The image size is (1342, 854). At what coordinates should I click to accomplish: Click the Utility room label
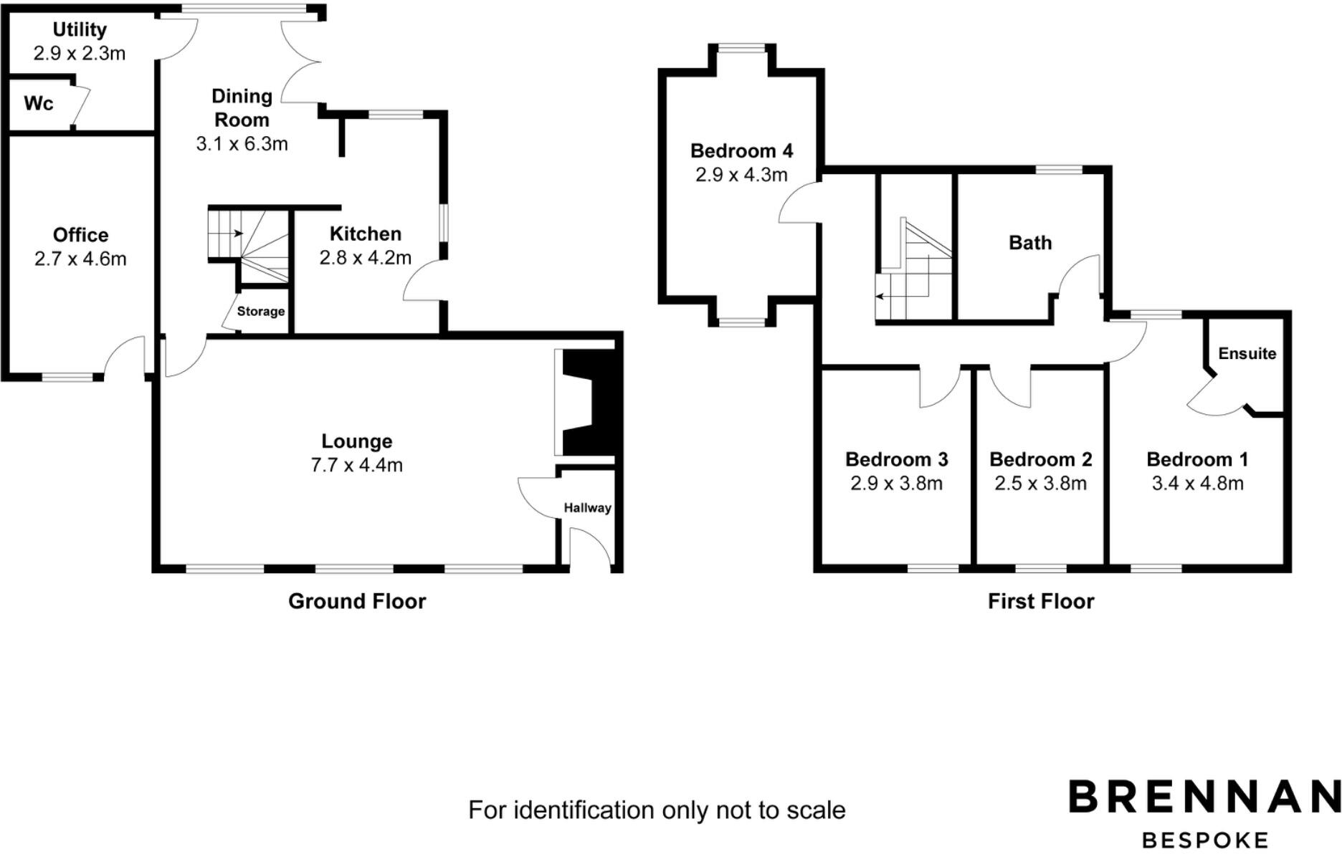(80, 29)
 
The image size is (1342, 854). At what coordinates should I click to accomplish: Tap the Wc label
(38, 104)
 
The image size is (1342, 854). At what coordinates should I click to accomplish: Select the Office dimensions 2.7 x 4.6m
(80, 259)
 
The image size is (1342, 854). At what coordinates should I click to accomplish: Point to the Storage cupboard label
(261, 311)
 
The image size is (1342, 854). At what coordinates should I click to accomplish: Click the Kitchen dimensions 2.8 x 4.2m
(365, 257)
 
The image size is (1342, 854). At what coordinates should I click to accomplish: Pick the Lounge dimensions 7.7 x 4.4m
(356, 465)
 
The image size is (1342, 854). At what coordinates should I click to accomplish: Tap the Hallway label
(587, 508)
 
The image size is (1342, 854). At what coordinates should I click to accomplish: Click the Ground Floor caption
(357, 601)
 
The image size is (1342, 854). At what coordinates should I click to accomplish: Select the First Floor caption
(1041, 601)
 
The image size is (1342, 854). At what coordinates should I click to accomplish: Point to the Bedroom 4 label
(741, 150)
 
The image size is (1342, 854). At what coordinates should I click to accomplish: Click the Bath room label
(1030, 243)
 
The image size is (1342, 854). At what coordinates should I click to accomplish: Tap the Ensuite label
(1247, 353)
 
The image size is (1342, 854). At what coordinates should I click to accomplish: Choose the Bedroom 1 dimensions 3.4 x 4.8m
(1197, 484)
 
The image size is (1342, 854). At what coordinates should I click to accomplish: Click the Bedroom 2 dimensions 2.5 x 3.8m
(1040, 484)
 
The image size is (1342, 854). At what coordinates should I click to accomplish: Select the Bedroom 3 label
(896, 459)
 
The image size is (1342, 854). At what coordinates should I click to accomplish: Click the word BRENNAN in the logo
(1204, 797)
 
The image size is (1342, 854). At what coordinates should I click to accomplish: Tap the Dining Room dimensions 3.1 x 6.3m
(242, 144)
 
